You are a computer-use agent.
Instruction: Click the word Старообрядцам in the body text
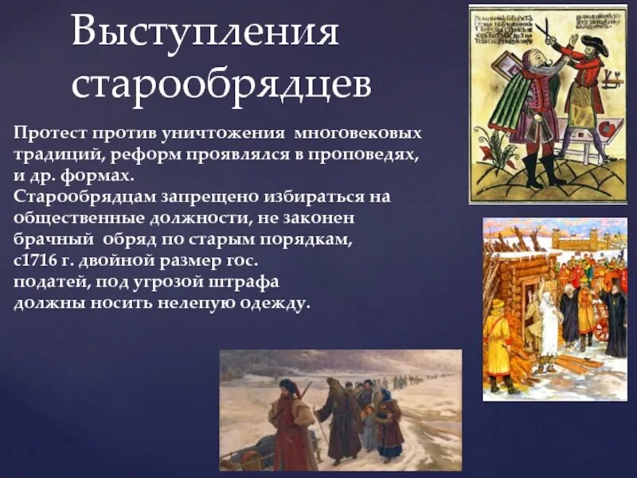click(x=76, y=196)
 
